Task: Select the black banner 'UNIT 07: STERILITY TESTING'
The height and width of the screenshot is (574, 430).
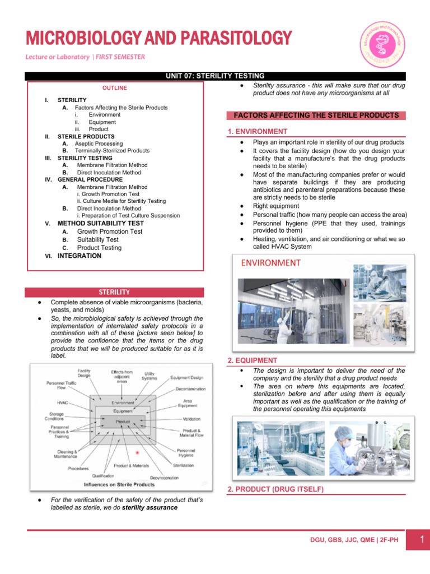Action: click(x=216, y=76)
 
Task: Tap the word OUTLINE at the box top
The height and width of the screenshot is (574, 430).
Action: click(x=114, y=88)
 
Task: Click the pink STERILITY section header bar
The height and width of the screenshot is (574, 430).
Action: click(x=114, y=292)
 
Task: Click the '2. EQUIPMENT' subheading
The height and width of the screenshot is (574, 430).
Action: click(x=253, y=360)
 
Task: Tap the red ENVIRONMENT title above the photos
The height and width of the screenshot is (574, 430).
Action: click(x=271, y=263)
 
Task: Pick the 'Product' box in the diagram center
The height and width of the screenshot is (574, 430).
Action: click(x=123, y=421)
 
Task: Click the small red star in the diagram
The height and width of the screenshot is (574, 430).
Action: click(x=138, y=452)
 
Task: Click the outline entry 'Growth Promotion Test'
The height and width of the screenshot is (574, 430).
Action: click(x=110, y=231)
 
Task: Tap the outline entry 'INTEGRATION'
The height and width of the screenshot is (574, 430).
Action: click(x=80, y=256)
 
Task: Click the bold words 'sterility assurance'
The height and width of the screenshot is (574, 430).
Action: click(x=149, y=507)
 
